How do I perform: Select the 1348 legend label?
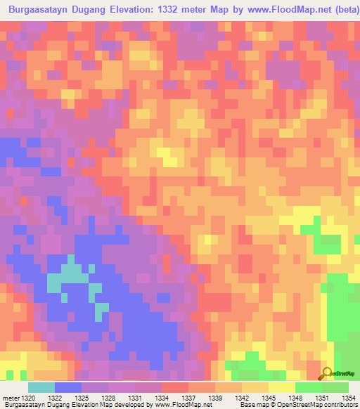click(x=297, y=398)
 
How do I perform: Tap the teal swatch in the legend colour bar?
click(x=41, y=387)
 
